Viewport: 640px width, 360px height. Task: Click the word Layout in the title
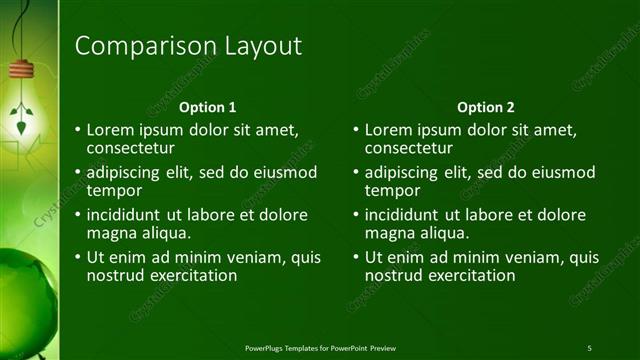pyautogui.click(x=258, y=46)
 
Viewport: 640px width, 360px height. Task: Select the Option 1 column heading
pyautogui.click(x=207, y=107)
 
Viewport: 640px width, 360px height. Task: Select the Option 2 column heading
pyautogui.click(x=485, y=107)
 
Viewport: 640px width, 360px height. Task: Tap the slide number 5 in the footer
pyautogui.click(x=589, y=347)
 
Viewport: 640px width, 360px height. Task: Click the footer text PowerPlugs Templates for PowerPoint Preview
pyautogui.click(x=329, y=347)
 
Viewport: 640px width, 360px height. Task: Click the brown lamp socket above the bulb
pyautogui.click(x=22, y=69)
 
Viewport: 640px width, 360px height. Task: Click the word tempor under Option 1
pyautogui.click(x=113, y=190)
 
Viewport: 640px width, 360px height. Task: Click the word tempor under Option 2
pyautogui.click(x=391, y=190)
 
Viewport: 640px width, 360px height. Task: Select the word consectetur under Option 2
pyautogui.click(x=409, y=148)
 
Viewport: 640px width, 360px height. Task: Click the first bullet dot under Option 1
pyautogui.click(x=78, y=131)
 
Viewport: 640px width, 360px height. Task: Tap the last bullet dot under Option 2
pyautogui.click(x=356, y=257)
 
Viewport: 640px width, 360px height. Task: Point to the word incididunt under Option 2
pyautogui.click(x=405, y=215)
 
